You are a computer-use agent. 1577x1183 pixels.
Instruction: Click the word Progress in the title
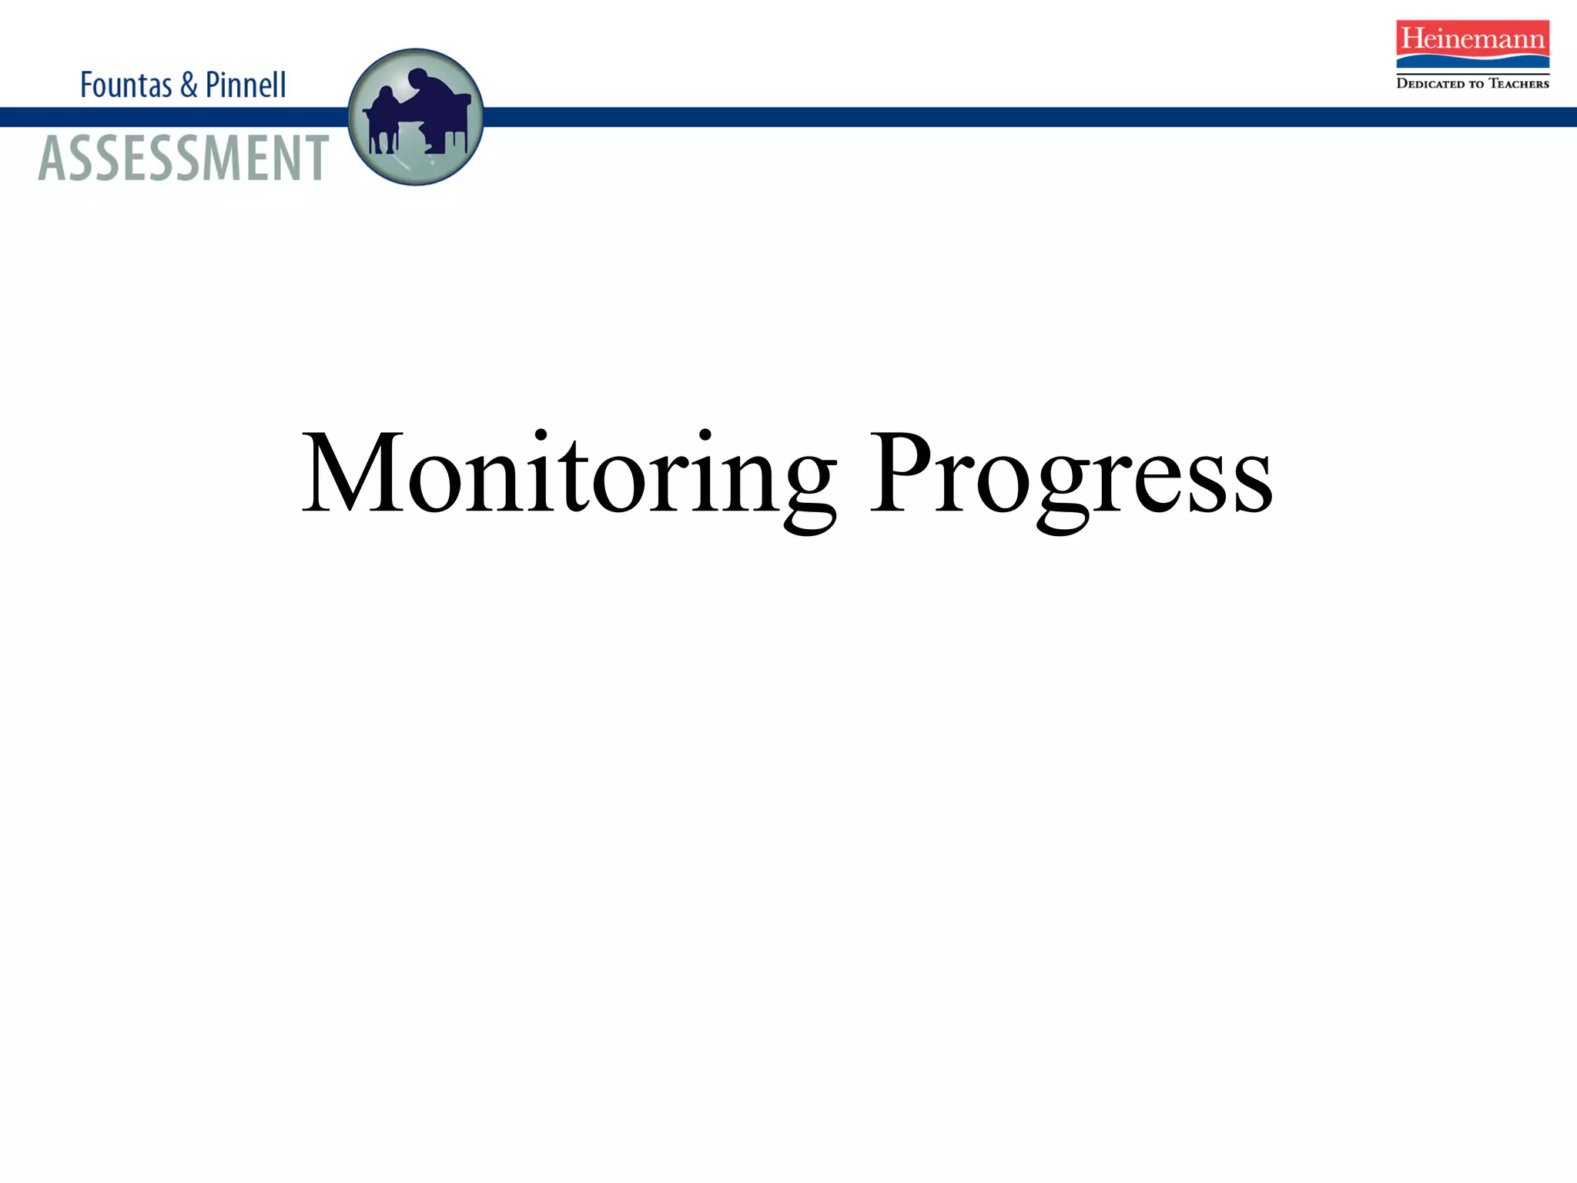1070,474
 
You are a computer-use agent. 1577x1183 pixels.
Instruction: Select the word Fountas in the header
126,85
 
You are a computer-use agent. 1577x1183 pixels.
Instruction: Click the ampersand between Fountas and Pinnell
189,85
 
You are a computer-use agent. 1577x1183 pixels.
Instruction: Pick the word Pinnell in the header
246,85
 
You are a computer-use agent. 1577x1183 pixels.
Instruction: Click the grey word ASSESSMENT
183,158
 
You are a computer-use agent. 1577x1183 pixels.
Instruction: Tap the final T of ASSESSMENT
314,158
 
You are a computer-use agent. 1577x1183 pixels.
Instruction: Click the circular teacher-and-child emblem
416,117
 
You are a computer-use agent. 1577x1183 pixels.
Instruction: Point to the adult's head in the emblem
418,79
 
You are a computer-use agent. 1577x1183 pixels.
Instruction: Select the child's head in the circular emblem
385,95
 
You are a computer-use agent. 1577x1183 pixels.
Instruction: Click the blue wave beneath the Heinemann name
1472,60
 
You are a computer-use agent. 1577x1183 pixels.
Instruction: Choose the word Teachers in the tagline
1518,83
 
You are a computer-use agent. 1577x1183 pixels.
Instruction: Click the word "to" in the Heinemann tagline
1475,83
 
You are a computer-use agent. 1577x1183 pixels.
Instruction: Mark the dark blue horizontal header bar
1001,117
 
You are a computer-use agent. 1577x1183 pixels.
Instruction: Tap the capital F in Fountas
86,85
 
